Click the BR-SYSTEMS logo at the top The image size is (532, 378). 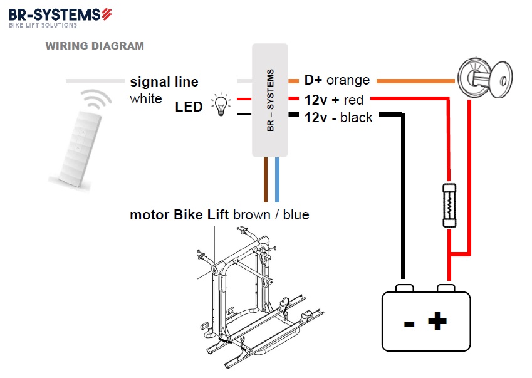click(x=60, y=18)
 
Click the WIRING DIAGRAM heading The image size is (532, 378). click(x=95, y=46)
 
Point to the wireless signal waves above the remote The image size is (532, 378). click(x=96, y=99)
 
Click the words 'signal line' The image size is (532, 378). click(x=164, y=81)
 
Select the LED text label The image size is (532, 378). click(x=189, y=107)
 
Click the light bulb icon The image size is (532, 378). click(x=221, y=105)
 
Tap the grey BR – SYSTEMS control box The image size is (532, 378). click(x=269, y=100)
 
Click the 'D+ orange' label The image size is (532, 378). click(x=337, y=80)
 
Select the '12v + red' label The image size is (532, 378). click(x=334, y=100)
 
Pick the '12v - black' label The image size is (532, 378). click(x=338, y=118)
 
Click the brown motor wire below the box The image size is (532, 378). click(x=266, y=179)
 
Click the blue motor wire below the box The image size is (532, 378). click(x=277, y=179)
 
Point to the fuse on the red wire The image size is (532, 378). click(x=449, y=206)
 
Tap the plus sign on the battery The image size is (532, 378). click(x=437, y=321)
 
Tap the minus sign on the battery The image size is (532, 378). click(x=409, y=324)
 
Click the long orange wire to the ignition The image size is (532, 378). click(x=415, y=81)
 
